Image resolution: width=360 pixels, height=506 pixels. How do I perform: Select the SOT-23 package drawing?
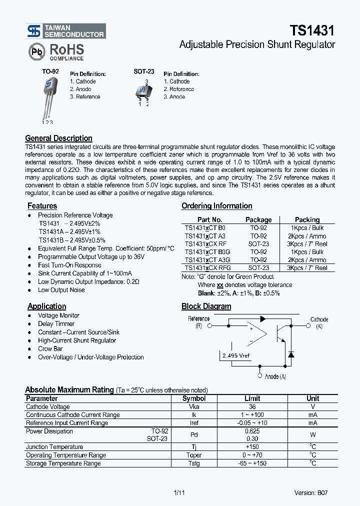tap(143, 91)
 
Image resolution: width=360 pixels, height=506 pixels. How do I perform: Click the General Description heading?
tap(58, 138)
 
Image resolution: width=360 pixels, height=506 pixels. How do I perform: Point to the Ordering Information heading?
tap(216, 206)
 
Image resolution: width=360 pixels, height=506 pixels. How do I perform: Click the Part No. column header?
tap(209, 219)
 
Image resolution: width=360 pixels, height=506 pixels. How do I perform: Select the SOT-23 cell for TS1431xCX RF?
tap(258, 244)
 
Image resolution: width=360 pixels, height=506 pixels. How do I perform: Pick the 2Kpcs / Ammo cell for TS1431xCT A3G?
tap(307, 260)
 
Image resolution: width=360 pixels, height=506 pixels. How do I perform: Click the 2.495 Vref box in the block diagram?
tap(234, 355)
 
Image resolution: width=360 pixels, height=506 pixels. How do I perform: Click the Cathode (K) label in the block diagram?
tap(319, 322)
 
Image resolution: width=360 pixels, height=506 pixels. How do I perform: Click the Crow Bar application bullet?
tap(50, 349)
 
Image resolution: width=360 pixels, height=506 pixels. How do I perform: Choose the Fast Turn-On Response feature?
tap(69, 265)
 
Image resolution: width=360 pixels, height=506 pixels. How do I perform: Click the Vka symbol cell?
tap(194, 407)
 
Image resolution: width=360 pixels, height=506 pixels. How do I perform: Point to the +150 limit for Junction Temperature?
tap(252, 447)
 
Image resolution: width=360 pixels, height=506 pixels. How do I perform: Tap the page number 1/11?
tap(179, 493)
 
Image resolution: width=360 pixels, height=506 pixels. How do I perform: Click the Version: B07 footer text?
tap(311, 493)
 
